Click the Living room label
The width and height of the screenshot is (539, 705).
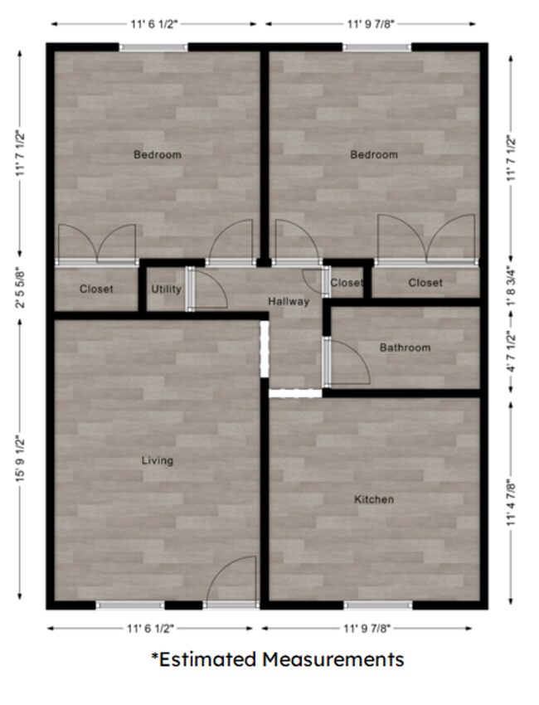pyautogui.click(x=157, y=460)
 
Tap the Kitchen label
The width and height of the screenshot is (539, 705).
pyautogui.click(x=374, y=499)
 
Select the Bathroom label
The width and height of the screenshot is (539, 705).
pyautogui.click(x=405, y=348)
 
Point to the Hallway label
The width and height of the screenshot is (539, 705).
pyautogui.click(x=289, y=301)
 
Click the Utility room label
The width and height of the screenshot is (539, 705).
pyautogui.click(x=166, y=289)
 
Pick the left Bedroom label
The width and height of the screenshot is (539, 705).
pyautogui.click(x=158, y=154)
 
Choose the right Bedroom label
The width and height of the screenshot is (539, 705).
pyautogui.click(x=374, y=154)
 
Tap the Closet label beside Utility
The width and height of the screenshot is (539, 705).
pyautogui.click(x=96, y=289)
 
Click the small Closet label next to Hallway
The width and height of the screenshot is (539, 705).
pyautogui.click(x=346, y=283)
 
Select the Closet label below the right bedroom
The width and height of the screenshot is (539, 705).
pyautogui.click(x=425, y=283)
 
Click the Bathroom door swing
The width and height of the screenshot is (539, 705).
pyautogui.click(x=348, y=362)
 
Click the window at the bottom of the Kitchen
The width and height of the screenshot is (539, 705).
pyautogui.click(x=377, y=605)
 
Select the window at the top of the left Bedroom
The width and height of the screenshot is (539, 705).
pyautogui.click(x=153, y=47)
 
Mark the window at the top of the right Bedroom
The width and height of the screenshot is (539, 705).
pyautogui.click(x=377, y=47)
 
